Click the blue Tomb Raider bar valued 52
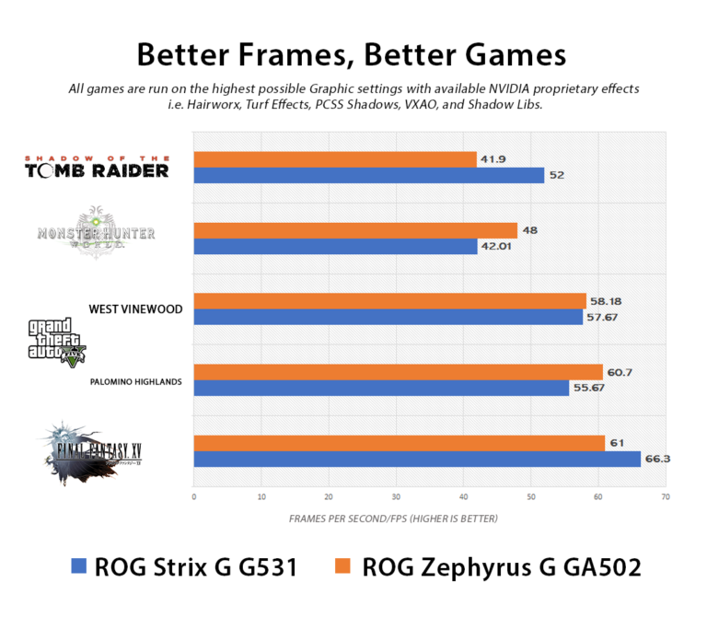click(x=368, y=175)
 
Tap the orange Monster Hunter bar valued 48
click(x=354, y=230)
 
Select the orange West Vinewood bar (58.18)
click(x=389, y=301)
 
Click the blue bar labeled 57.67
click(x=388, y=317)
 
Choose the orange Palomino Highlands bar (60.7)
click(x=398, y=372)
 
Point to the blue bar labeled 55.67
click(x=381, y=388)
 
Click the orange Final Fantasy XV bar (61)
click(x=399, y=443)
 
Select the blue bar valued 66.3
click(x=416, y=459)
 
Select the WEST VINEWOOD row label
click(x=135, y=309)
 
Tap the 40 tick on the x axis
click(x=463, y=497)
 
